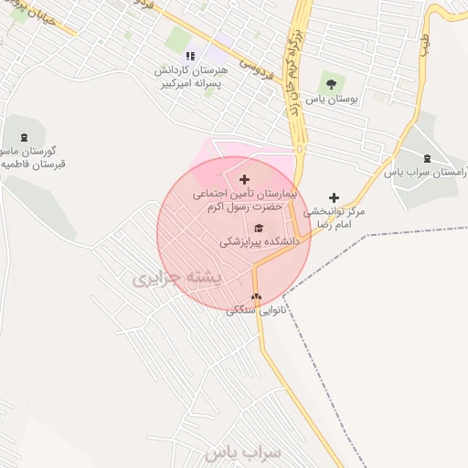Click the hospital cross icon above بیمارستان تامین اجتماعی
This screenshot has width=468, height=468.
[244, 179]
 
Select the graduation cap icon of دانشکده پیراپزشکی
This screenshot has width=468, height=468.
[258, 228]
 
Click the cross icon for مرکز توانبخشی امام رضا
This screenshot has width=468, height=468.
[335, 197]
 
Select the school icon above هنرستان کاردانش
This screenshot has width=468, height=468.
[190, 56]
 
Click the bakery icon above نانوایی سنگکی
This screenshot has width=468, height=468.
[256, 297]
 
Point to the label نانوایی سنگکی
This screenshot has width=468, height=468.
[257, 311]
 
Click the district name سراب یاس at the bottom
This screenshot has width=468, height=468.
[243, 452]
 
